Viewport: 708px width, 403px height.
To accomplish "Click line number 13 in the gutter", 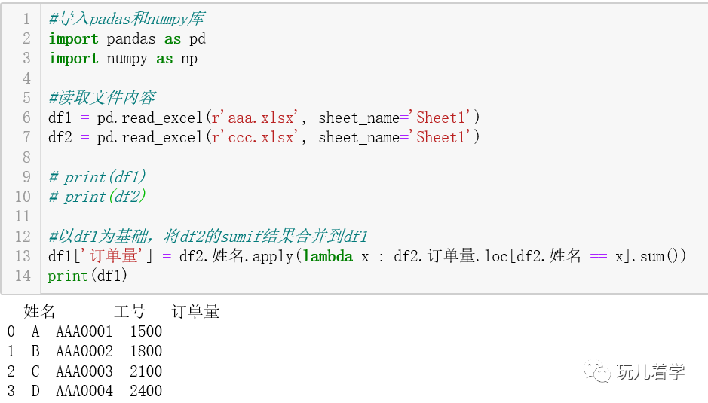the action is [23, 256].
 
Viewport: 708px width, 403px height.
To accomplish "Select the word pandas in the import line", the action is [131, 38].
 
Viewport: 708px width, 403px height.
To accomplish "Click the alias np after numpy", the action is [188, 59].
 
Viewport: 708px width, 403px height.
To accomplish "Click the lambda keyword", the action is [327, 256].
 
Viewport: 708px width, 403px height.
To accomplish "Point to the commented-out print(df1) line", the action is [97, 177].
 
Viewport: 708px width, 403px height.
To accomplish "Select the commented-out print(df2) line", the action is [97, 197].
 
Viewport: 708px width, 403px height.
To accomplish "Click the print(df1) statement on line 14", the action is [87, 276].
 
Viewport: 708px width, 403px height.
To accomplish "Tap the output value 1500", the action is [146, 331].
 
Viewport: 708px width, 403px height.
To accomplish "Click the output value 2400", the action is [146, 391].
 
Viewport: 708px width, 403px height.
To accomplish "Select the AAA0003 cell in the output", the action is [84, 371].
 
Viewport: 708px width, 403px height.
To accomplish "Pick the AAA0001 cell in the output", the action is [84, 331].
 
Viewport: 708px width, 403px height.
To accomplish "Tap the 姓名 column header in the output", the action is [39, 311].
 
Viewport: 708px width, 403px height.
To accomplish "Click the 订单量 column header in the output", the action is [195, 311].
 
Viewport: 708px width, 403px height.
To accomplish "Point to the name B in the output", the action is [35, 351].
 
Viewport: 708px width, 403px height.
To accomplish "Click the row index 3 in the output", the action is [11, 391].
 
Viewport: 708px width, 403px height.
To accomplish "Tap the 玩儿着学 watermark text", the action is [650, 371].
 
